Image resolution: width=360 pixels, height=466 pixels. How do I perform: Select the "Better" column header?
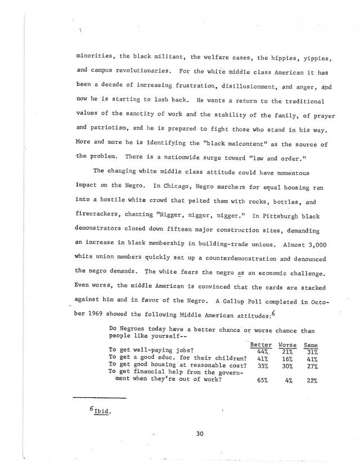(x=260, y=345)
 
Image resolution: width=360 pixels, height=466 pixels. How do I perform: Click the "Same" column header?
(x=310, y=345)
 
